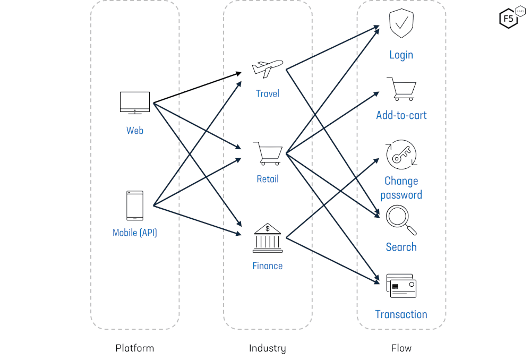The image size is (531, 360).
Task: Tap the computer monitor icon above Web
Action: pyautogui.click(x=134, y=102)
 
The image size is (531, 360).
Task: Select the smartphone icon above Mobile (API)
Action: pyautogui.click(x=134, y=205)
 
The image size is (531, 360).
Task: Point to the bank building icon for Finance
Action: pyautogui.click(x=268, y=238)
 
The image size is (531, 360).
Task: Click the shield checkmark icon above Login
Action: pyautogui.click(x=401, y=24)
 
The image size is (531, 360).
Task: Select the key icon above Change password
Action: pyautogui.click(x=401, y=155)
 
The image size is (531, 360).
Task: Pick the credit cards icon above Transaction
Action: pyautogui.click(x=401, y=286)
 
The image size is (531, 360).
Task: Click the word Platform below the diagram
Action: pyautogui.click(x=134, y=348)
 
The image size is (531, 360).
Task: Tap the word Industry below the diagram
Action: pyautogui.click(x=267, y=348)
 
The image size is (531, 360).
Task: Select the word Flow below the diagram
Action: pyautogui.click(x=401, y=348)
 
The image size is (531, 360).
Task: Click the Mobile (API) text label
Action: pyautogui.click(x=135, y=233)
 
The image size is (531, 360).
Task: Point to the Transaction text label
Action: pyautogui.click(x=401, y=314)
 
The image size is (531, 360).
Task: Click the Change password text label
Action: pyautogui.click(x=401, y=188)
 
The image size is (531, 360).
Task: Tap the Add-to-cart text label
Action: pyautogui.click(x=401, y=115)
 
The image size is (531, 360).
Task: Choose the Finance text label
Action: pyautogui.click(x=267, y=265)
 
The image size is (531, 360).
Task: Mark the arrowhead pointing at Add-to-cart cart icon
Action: pyautogui.click(x=376, y=93)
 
